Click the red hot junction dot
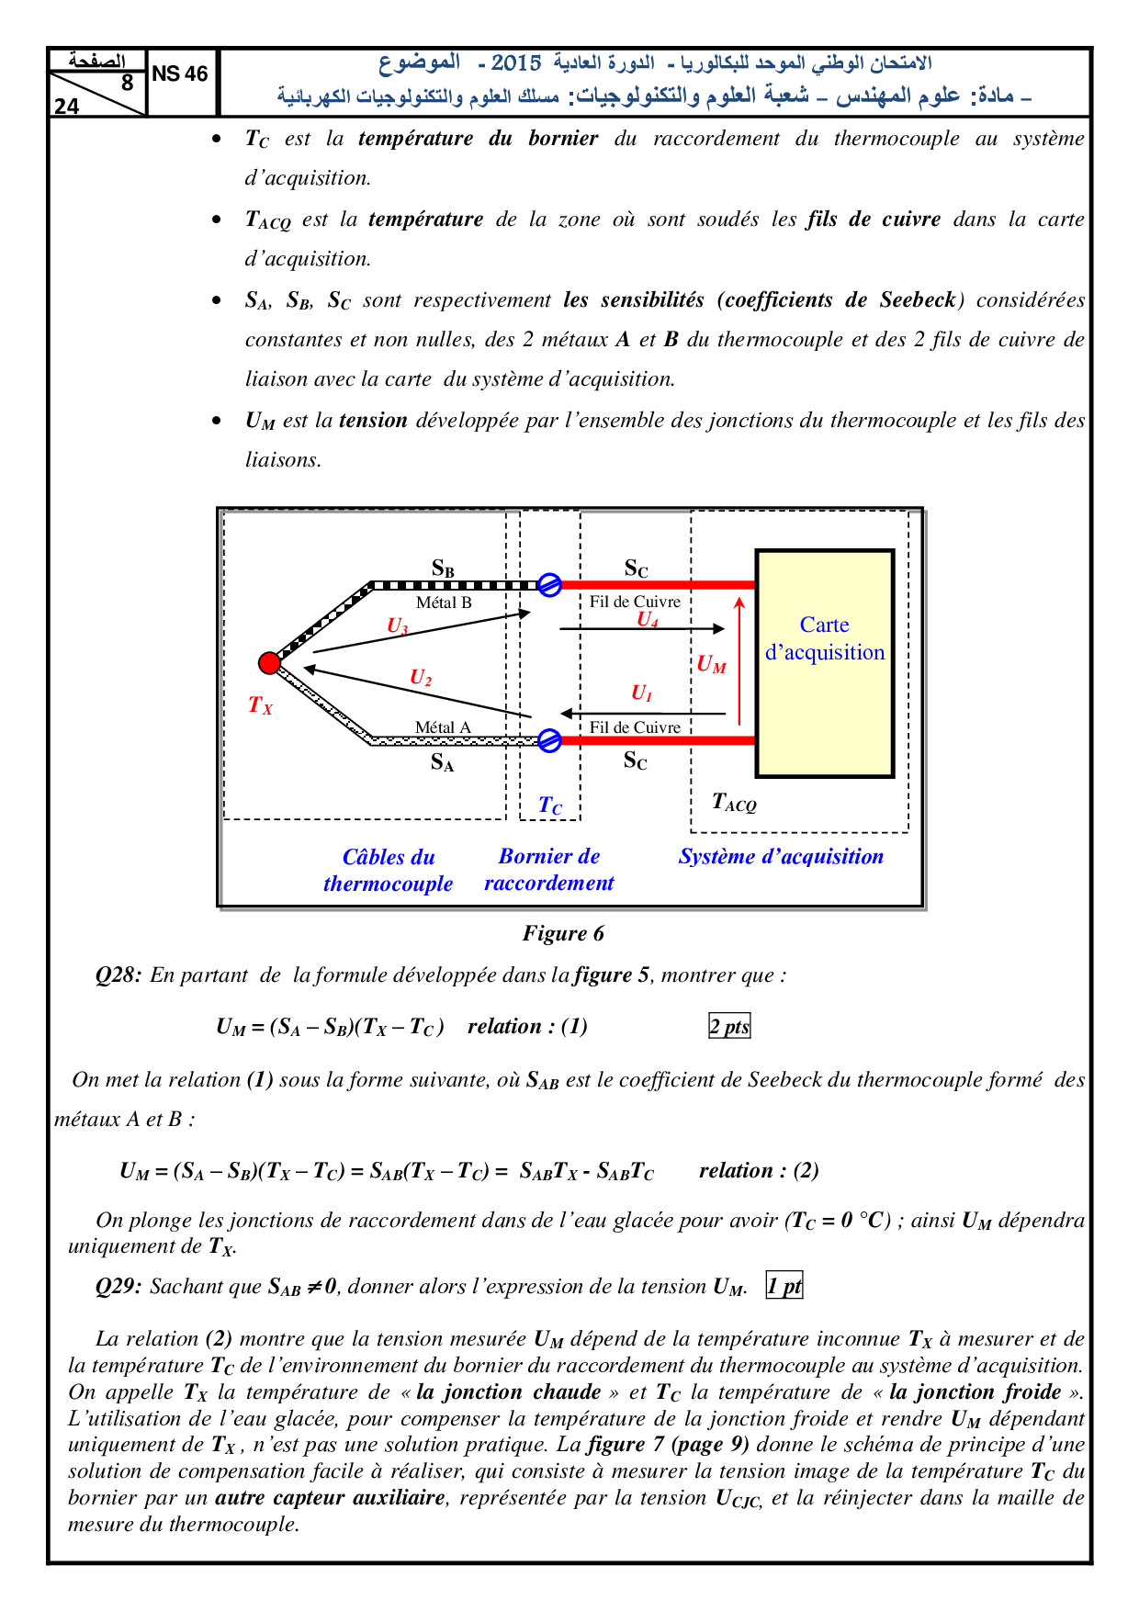[x=269, y=663]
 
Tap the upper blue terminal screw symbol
[x=549, y=584]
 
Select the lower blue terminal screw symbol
[x=549, y=740]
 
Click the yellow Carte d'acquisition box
[x=824, y=663]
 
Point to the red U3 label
[x=397, y=626]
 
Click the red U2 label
[x=421, y=678]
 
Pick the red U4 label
[x=648, y=620]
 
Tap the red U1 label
[x=641, y=693]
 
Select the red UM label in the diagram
[x=711, y=664]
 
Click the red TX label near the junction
[x=260, y=705]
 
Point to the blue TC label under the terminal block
[x=550, y=805]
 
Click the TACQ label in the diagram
[x=734, y=803]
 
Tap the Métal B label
[x=444, y=603]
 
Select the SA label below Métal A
[x=443, y=762]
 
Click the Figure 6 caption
[x=563, y=933]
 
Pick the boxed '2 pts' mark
[x=729, y=1026]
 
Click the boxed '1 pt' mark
[x=784, y=1286]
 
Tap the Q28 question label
[x=118, y=975]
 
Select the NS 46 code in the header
[x=180, y=73]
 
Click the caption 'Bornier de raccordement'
[x=549, y=869]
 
